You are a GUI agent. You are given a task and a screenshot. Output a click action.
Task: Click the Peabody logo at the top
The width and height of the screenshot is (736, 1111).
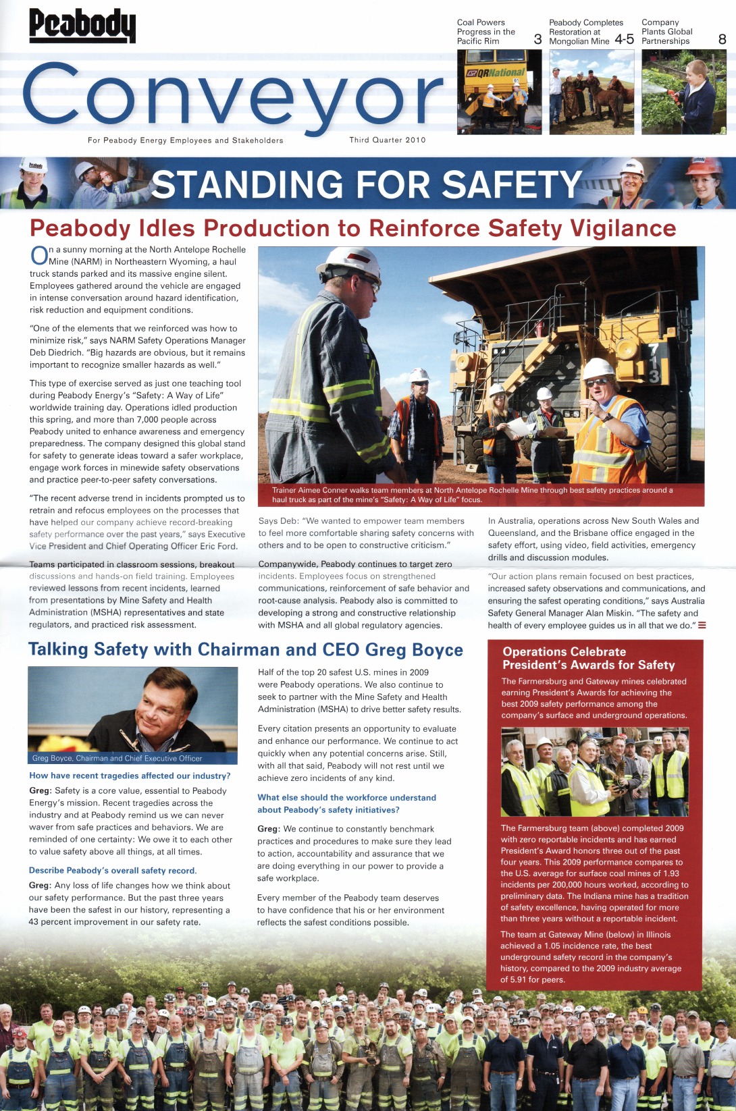(x=82, y=26)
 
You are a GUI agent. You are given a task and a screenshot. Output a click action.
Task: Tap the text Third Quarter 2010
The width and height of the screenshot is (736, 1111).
(x=388, y=140)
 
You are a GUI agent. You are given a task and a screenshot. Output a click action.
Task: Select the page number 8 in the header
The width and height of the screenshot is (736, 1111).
(x=722, y=39)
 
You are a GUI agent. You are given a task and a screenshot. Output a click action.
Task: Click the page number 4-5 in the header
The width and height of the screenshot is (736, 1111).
(x=624, y=39)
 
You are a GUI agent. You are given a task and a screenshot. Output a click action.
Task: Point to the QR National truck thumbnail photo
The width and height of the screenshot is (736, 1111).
(x=499, y=92)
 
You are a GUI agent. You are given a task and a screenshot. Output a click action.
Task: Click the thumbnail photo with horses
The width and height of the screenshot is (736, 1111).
(x=592, y=92)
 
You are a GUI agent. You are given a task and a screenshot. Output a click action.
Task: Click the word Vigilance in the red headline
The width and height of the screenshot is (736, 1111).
(x=623, y=228)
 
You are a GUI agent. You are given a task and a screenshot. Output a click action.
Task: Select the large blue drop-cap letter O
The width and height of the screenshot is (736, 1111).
(x=39, y=255)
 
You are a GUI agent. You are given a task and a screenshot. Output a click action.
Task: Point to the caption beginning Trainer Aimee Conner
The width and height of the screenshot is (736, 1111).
(x=472, y=495)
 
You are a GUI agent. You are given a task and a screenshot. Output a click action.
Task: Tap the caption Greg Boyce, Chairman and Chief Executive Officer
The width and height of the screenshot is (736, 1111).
(x=117, y=758)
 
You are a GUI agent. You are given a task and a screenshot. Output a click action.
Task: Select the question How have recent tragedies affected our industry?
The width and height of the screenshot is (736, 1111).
(x=130, y=776)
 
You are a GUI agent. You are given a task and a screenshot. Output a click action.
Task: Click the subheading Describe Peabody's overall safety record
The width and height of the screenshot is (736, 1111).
(x=113, y=871)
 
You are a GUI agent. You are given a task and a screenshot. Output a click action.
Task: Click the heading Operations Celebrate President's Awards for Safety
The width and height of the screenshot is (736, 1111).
(x=588, y=658)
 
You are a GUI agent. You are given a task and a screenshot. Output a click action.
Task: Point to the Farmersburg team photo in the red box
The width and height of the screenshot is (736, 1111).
(x=594, y=771)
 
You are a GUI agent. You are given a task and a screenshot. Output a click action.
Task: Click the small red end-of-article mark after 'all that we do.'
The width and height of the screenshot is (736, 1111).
(x=702, y=625)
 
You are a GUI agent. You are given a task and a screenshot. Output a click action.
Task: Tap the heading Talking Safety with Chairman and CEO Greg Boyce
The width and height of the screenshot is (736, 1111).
(x=245, y=649)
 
